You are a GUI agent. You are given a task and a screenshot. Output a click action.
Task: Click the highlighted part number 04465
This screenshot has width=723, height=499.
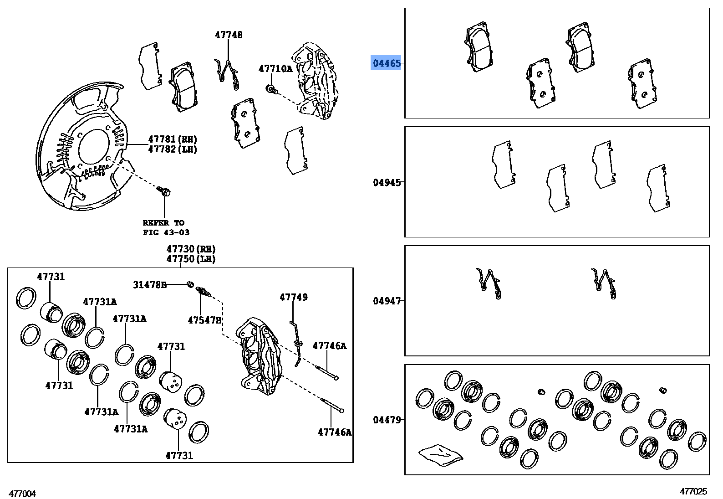click(387, 63)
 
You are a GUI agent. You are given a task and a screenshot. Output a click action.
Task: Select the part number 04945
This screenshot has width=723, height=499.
click(387, 183)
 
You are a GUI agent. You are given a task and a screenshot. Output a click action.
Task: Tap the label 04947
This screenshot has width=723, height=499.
click(387, 301)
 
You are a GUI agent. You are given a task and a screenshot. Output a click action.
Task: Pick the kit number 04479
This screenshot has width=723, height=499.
click(387, 420)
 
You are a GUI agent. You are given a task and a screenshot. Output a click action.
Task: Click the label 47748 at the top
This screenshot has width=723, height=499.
click(229, 35)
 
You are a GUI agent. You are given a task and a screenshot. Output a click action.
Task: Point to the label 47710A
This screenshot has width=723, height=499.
click(275, 69)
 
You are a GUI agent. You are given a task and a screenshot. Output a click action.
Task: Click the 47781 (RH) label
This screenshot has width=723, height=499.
click(173, 139)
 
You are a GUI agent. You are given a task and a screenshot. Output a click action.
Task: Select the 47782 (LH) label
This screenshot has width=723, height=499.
click(173, 149)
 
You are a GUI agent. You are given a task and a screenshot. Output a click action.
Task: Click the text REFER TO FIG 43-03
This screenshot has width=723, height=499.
click(164, 227)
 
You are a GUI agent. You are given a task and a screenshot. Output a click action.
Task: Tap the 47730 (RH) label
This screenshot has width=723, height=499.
click(191, 249)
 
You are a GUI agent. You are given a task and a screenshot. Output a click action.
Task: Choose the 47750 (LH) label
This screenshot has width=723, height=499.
click(191, 259)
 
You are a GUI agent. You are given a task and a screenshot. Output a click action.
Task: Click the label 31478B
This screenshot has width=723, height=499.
click(150, 285)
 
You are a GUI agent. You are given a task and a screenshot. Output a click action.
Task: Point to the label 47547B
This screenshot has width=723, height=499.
click(204, 320)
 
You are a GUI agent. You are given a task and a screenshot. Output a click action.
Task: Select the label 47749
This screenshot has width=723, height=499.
click(294, 297)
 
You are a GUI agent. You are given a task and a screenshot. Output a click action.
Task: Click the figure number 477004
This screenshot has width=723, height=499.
click(22, 494)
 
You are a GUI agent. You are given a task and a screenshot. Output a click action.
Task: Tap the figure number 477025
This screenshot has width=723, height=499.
click(693, 491)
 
